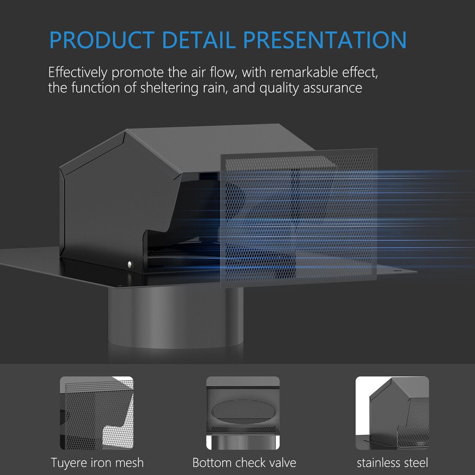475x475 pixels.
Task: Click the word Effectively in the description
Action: coord(77,73)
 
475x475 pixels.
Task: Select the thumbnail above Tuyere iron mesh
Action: coord(96,413)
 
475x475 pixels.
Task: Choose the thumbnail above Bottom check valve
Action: coord(243,413)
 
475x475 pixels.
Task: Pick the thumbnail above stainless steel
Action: coord(392,413)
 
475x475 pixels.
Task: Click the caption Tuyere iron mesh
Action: coord(97,463)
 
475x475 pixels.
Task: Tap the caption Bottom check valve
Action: coord(244,463)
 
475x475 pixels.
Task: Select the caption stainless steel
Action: coord(392,463)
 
